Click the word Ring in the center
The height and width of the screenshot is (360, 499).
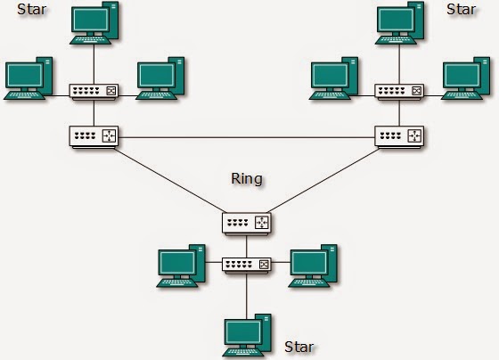tap(246, 179)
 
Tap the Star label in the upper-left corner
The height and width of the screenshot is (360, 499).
tap(32, 12)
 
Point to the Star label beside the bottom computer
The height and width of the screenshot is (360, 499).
tap(299, 346)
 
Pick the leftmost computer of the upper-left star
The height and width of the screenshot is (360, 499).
tap(29, 78)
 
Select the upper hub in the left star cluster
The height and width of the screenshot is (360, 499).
tap(94, 91)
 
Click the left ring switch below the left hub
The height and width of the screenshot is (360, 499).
tap(94, 136)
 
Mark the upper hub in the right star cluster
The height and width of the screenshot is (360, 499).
tap(398, 91)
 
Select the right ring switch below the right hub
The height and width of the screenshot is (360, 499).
tap(398, 136)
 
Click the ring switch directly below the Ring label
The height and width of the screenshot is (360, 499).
tap(246, 220)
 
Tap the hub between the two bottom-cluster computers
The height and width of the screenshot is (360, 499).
tap(246, 265)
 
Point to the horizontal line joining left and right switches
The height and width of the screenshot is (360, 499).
tap(246, 137)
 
